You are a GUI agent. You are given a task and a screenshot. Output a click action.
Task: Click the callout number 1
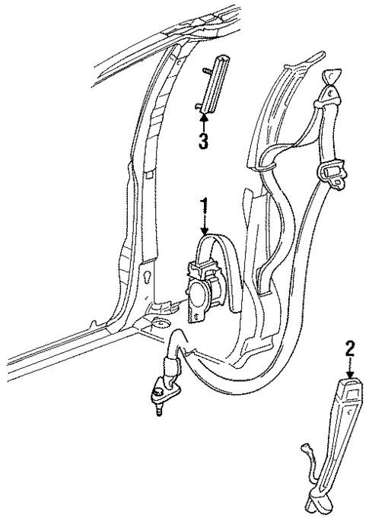pyautogui.click(x=203, y=208)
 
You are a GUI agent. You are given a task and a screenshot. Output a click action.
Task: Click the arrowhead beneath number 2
pyautogui.click(x=349, y=374)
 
